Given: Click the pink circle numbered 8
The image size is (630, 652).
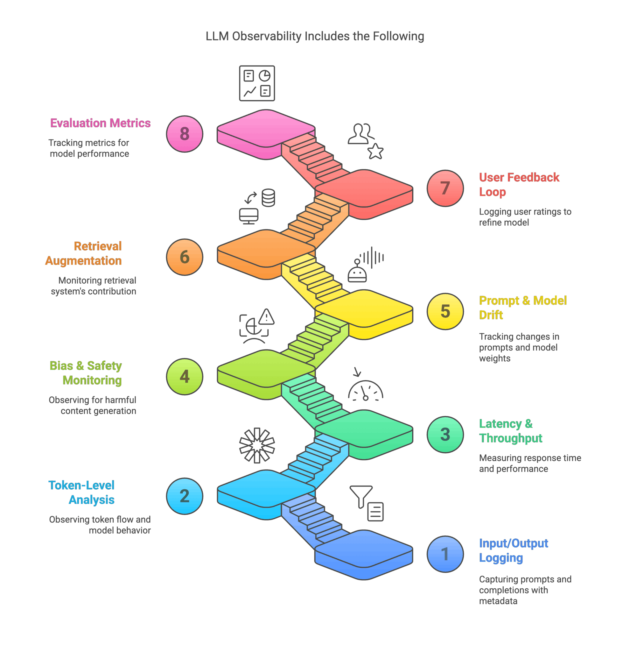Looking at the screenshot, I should [x=185, y=134].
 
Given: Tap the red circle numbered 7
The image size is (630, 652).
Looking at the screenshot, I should [x=445, y=188].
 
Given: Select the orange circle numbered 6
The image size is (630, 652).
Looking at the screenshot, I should [x=185, y=257].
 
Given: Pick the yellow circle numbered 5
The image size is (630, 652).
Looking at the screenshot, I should [x=445, y=311].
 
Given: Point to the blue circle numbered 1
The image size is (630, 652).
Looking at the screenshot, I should [x=445, y=554].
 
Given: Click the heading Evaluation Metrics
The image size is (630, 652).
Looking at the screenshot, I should [x=101, y=123].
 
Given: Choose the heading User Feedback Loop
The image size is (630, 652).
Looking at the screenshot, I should [x=519, y=185].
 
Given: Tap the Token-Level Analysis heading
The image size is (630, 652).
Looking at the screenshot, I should [x=82, y=493].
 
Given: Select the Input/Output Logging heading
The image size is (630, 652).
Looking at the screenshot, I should [x=513, y=550].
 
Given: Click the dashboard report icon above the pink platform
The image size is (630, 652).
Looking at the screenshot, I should [x=257, y=83].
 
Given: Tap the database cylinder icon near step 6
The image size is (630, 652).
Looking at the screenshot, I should [x=268, y=198].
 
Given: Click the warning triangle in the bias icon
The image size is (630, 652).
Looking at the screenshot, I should [x=266, y=317].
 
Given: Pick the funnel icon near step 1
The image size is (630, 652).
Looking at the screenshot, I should [x=361, y=496].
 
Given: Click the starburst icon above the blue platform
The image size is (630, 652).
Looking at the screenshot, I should [x=257, y=445].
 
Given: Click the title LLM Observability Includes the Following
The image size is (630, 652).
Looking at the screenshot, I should [x=315, y=36].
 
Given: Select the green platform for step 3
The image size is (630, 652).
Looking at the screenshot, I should [x=364, y=432].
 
